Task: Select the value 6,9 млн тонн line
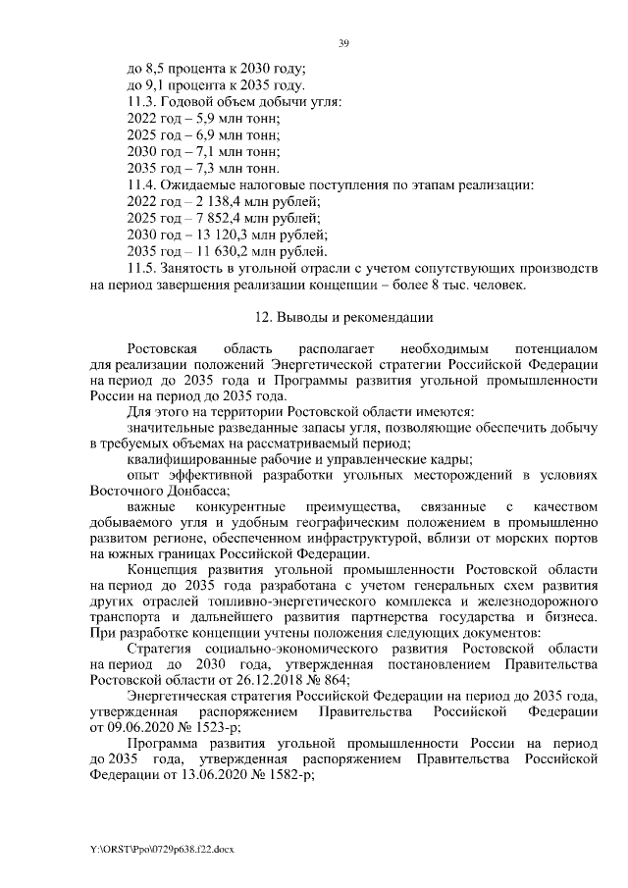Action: pos(203,134)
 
